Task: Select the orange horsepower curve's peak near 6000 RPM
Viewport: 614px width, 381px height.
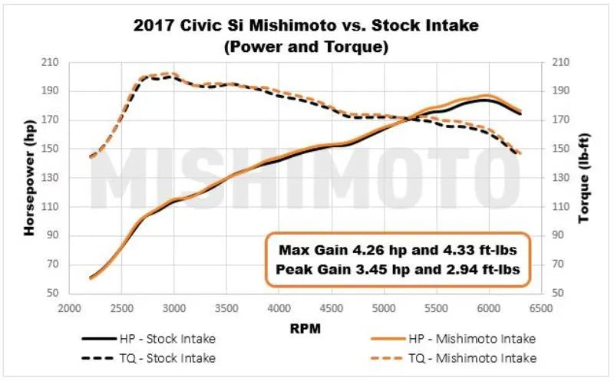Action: click(488, 95)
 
